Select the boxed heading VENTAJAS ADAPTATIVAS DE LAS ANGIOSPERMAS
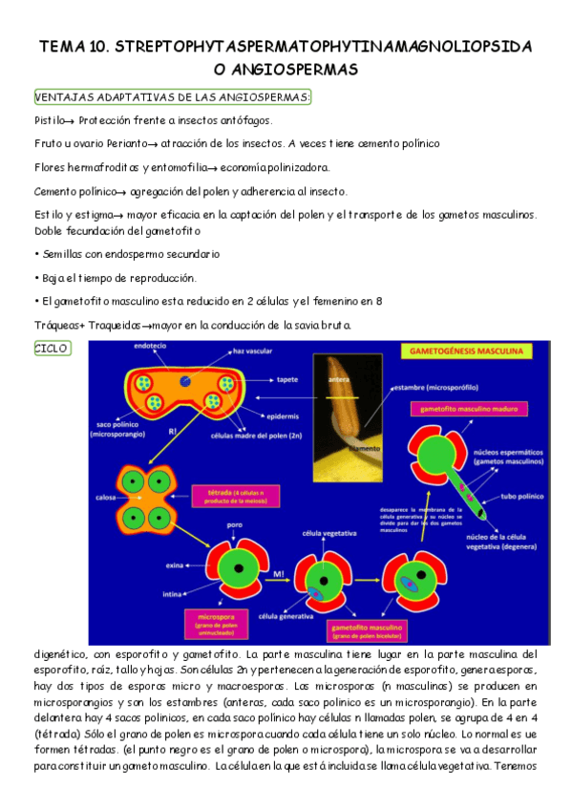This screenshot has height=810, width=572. pyautogui.click(x=172, y=98)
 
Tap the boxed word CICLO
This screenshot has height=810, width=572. pyautogui.click(x=51, y=348)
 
